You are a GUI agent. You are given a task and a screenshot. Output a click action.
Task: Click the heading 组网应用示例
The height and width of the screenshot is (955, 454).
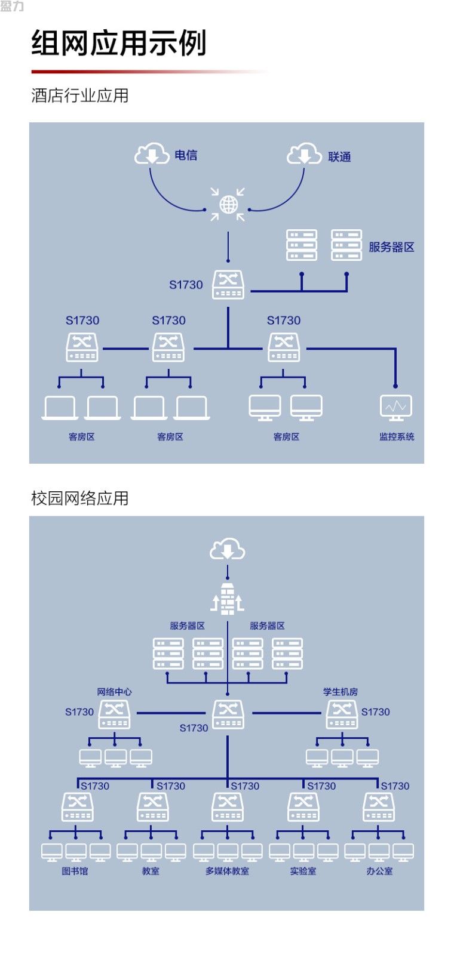pos(119,42)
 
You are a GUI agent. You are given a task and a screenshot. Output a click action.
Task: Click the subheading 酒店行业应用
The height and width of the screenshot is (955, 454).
pos(80,95)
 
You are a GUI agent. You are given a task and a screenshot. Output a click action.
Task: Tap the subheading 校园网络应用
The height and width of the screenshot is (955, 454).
pos(80,498)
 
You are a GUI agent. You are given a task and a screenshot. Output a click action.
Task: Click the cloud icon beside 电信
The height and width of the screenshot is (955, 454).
pos(152,154)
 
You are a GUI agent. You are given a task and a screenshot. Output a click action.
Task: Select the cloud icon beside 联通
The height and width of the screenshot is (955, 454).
pos(304,154)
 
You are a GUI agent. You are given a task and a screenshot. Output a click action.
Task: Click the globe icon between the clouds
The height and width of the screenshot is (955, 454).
pos(228,205)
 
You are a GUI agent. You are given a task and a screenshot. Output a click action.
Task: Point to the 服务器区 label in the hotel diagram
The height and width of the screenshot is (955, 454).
pos(391,247)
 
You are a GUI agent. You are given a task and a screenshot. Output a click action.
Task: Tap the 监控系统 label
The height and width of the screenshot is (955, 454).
pos(397,436)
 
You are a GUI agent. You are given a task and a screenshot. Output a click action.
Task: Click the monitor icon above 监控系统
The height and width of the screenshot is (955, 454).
pos(396,408)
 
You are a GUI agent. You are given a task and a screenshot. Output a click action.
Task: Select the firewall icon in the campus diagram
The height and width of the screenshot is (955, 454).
pos(228,599)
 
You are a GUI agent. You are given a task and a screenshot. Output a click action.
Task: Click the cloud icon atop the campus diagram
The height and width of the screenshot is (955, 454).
pos(228,549)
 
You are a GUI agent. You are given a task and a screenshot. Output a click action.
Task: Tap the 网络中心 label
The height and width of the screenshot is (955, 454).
pos(114,692)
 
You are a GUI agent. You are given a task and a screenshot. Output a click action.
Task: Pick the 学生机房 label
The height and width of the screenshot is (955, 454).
pos(340,692)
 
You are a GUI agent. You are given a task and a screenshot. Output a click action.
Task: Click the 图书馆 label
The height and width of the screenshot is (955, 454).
pos(75,871)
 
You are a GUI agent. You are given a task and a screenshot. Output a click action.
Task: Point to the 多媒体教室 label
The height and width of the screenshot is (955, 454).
pos(228,871)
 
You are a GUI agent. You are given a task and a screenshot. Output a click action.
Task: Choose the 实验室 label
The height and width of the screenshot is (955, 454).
pos(303,871)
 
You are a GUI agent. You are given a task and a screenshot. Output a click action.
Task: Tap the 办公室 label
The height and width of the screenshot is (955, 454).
pos(379,871)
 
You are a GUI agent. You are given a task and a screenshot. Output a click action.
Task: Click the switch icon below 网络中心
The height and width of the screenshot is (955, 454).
pos(114,715)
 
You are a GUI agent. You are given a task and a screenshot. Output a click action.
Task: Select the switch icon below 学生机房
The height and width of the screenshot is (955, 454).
pos(342,715)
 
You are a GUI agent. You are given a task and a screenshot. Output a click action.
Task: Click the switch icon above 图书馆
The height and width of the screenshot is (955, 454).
pos(77,807)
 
